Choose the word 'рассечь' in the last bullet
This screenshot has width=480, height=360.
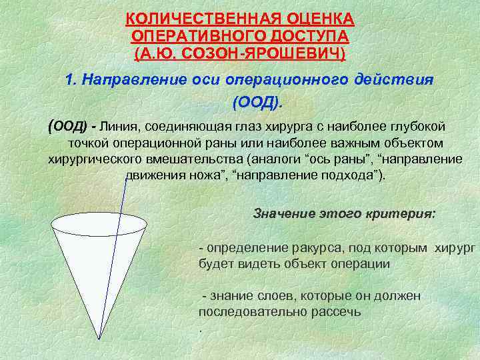pos(338,311)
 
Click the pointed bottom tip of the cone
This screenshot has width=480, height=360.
pos(100,338)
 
